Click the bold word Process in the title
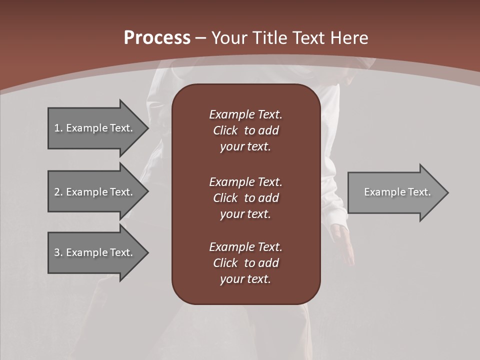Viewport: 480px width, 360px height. pyautogui.click(x=157, y=38)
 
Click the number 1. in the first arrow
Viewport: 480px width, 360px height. pyautogui.click(x=58, y=128)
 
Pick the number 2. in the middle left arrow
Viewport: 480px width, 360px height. pyautogui.click(x=58, y=192)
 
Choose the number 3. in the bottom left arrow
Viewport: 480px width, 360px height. pyautogui.click(x=58, y=252)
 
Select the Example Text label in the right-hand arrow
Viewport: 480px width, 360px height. pyautogui.click(x=397, y=192)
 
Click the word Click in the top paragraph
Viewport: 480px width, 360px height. pyautogui.click(x=225, y=130)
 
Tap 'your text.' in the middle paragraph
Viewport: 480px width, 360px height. pyautogui.click(x=245, y=214)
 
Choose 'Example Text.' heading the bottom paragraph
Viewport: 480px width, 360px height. pyautogui.click(x=245, y=247)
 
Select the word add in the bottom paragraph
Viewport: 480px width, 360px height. pyautogui.click(x=269, y=263)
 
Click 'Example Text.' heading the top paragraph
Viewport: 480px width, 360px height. pyautogui.click(x=245, y=114)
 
